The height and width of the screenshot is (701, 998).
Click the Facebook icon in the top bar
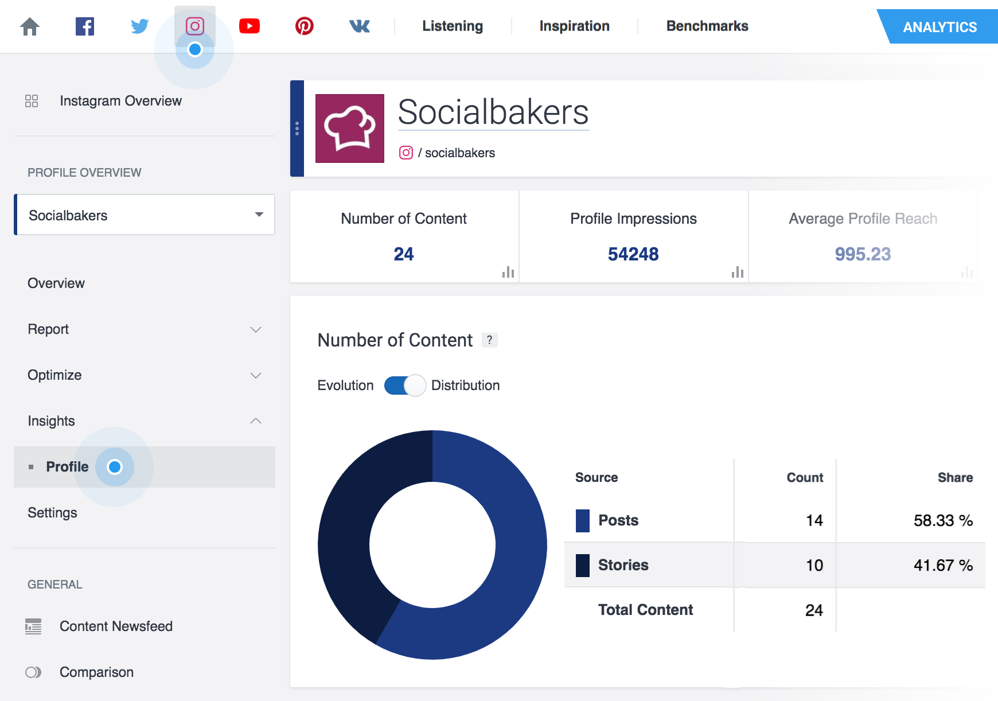(85, 26)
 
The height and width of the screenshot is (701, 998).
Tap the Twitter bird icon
(139, 26)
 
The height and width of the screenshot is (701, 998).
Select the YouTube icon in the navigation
(249, 26)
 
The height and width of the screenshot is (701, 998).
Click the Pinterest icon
(304, 26)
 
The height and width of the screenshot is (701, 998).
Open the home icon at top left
(30, 26)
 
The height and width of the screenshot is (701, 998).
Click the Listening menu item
(453, 26)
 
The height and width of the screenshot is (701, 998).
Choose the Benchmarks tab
(707, 26)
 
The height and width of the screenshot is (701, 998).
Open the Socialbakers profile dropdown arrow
(259, 215)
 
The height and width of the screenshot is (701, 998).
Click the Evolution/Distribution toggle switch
(405, 385)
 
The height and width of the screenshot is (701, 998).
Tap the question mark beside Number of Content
(489, 340)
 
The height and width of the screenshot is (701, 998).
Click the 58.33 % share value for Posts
(942, 520)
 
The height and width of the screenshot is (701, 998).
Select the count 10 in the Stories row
(814, 565)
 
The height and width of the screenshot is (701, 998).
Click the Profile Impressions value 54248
(633, 254)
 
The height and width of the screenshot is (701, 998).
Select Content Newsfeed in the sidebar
(116, 626)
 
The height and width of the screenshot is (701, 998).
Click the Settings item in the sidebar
(52, 513)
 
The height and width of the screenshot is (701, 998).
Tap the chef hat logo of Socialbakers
(350, 128)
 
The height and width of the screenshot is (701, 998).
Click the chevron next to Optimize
(256, 375)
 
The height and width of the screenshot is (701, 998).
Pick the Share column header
(955, 478)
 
